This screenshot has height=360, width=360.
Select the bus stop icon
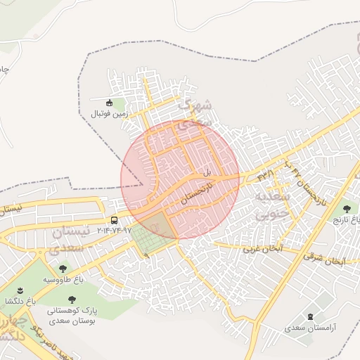pyautogui.click(x=115, y=220)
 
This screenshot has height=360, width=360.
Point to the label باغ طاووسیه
pyautogui.click(x=63, y=279)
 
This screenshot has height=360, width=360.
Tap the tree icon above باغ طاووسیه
pyautogui.click(x=63, y=269)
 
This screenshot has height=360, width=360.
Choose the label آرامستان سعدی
pyautogui.click(x=311, y=328)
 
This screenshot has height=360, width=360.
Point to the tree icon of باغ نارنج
pyautogui.click(x=345, y=209)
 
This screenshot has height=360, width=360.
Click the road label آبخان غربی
pyautogui.click(x=263, y=249)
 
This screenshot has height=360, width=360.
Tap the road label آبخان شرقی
pyautogui.click(x=326, y=260)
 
